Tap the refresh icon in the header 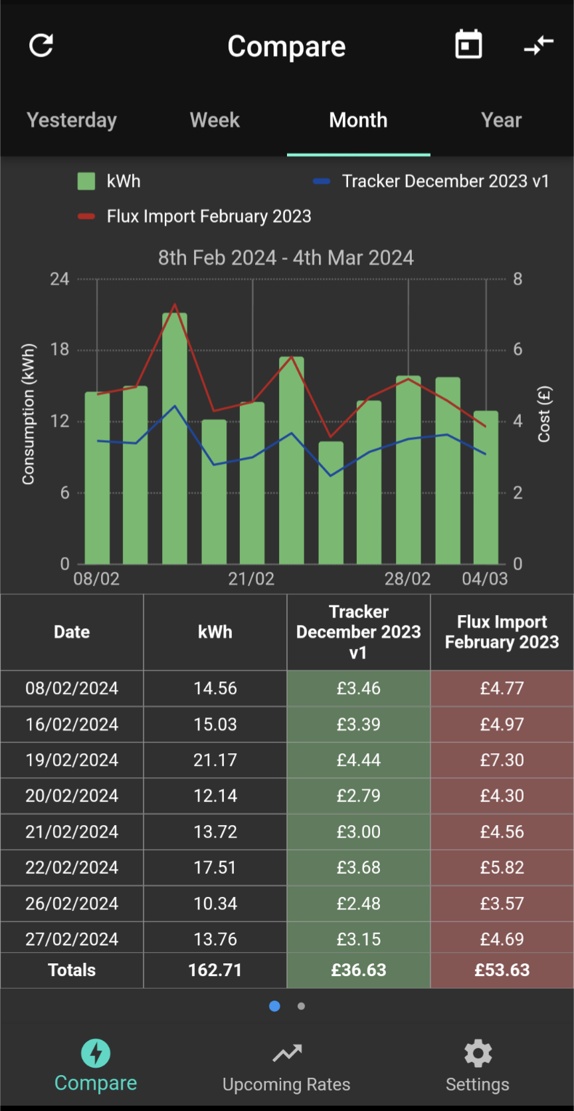click(x=41, y=46)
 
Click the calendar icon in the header click(x=468, y=45)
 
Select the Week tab click(x=215, y=120)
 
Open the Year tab click(x=501, y=120)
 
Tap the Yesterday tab click(x=71, y=120)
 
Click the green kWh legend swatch click(x=86, y=181)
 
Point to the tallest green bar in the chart click(x=175, y=438)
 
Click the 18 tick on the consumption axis click(x=60, y=350)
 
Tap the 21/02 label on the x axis click(x=251, y=579)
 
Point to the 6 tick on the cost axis click(x=518, y=350)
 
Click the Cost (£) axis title click(x=544, y=414)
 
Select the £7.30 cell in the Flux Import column click(x=502, y=760)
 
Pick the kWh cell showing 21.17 click(x=215, y=760)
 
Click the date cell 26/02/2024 click(x=72, y=903)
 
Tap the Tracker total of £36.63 click(x=358, y=969)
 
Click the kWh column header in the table click(x=215, y=632)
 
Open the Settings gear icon click(x=478, y=1053)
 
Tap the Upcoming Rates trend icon click(x=287, y=1053)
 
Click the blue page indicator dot click(x=274, y=1006)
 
